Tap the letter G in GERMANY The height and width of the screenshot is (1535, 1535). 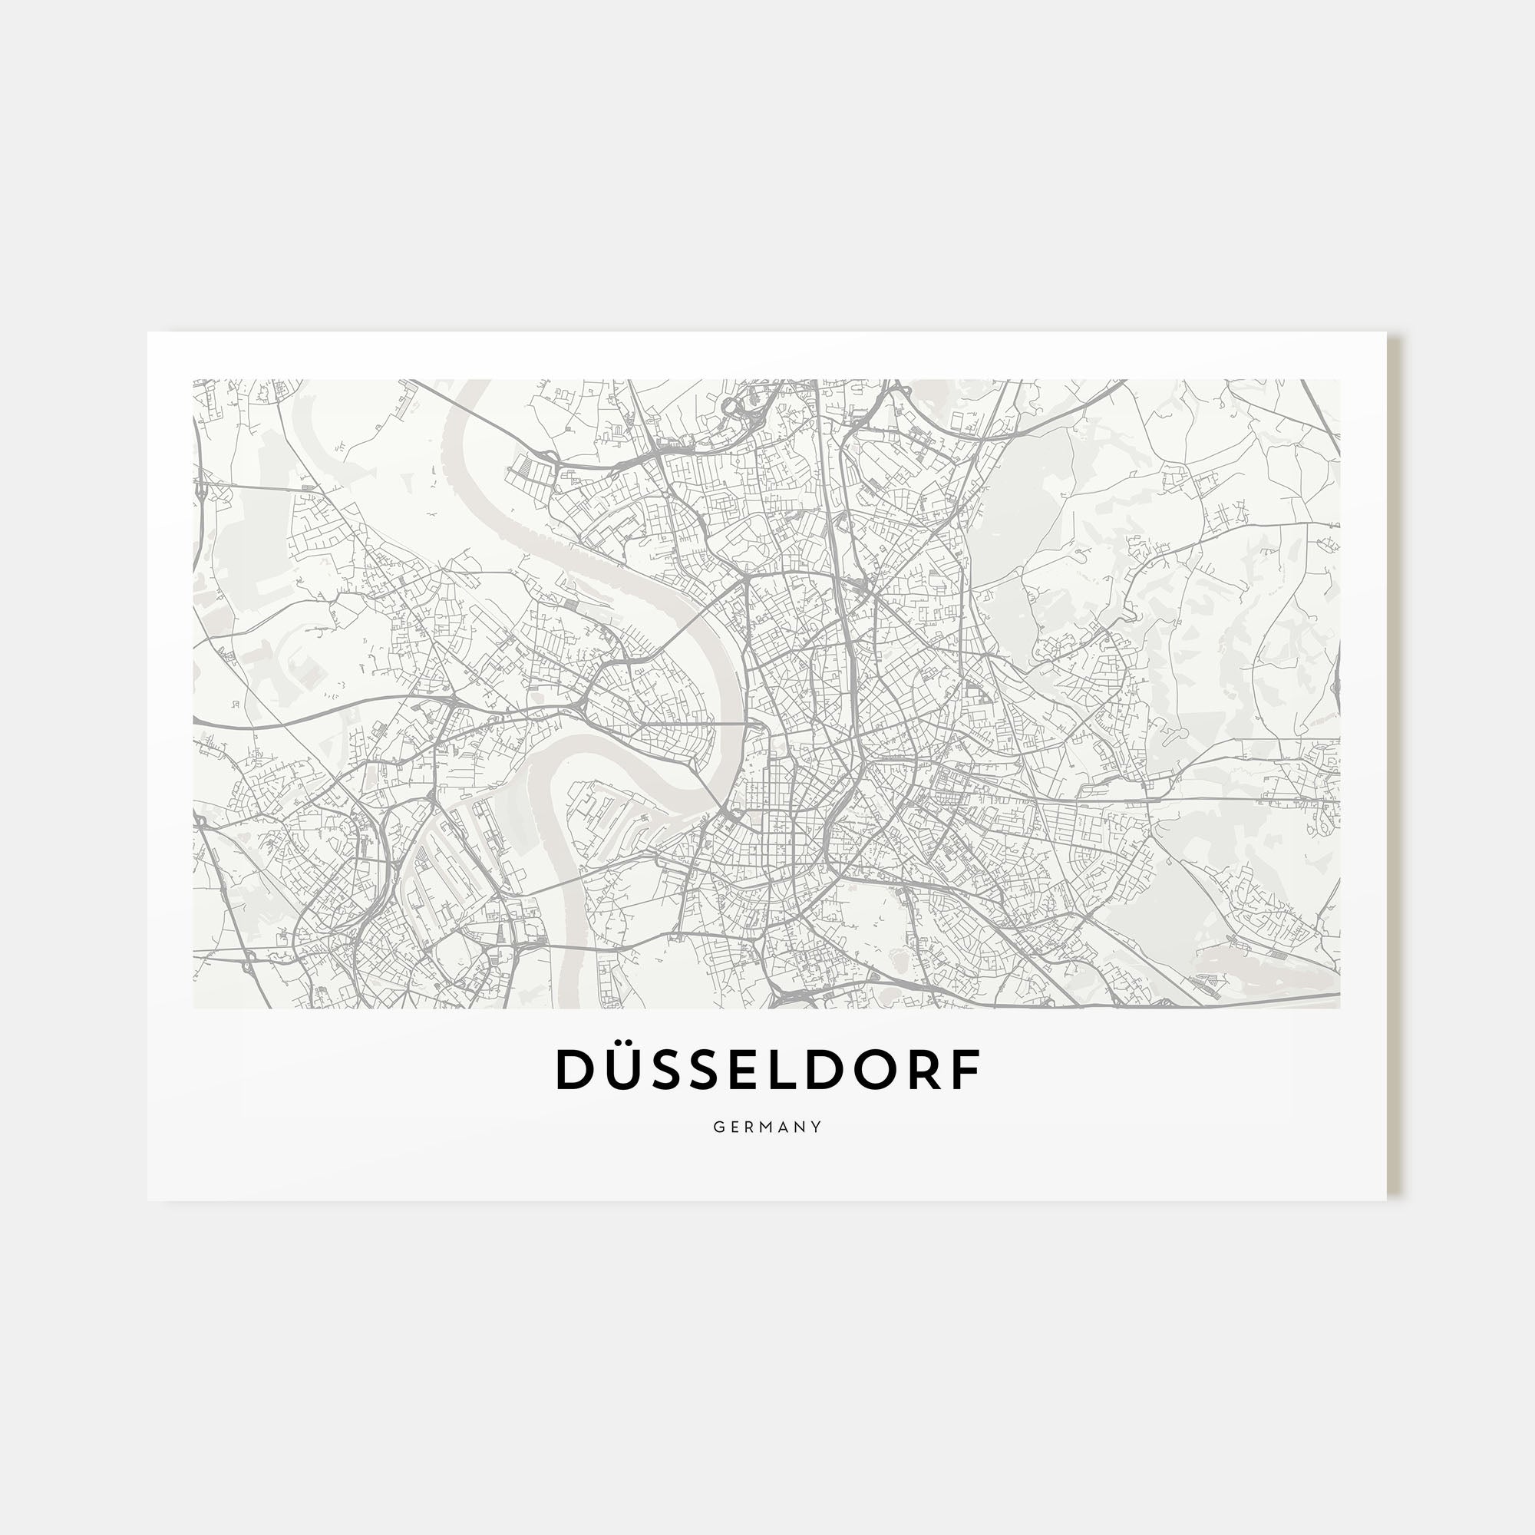point(718,1127)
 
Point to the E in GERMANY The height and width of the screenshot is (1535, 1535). point(735,1127)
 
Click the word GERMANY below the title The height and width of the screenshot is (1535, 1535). point(767,1127)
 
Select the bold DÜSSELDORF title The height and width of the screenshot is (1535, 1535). point(767,1070)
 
